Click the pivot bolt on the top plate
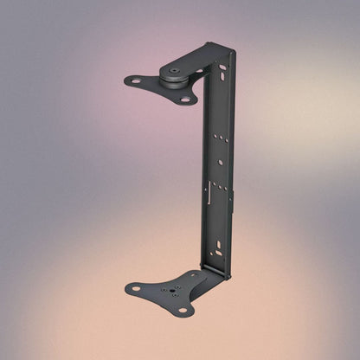(x=175, y=73)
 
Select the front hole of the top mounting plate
(x=183, y=99)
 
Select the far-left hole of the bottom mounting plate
(x=135, y=288)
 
